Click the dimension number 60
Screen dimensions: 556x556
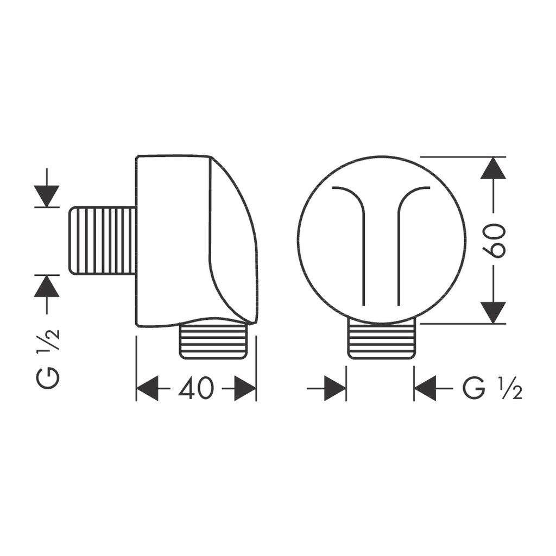coord(493,241)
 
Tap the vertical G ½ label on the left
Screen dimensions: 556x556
coord(47,358)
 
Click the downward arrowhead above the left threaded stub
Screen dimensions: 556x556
coord(47,196)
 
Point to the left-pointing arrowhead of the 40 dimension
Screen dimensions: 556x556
coord(148,388)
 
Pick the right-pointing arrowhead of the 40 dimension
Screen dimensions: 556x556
coord(245,388)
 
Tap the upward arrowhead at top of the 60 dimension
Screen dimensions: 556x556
coord(493,168)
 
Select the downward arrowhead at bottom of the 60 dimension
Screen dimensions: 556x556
coord(493,312)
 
